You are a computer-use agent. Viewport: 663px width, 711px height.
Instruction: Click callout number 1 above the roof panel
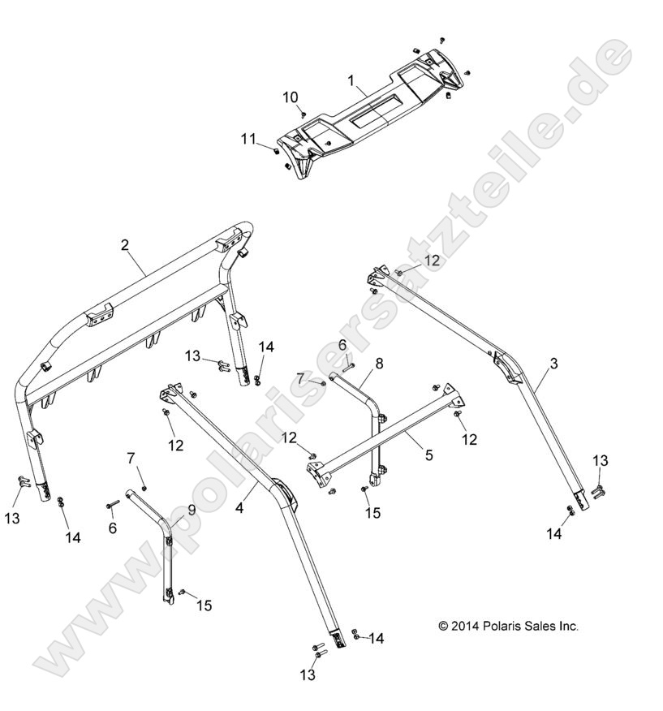[x=351, y=80]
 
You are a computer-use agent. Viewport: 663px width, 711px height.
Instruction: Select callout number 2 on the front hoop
[x=125, y=244]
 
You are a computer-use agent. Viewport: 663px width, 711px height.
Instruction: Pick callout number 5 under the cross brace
[x=428, y=455]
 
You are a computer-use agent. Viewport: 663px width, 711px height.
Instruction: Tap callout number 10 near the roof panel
[x=291, y=97]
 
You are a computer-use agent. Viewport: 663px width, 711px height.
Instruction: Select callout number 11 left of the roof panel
[x=248, y=139]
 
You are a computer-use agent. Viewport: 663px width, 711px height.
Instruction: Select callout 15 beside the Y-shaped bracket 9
[x=204, y=605]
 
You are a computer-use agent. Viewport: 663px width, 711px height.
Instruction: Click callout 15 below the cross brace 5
[x=372, y=513]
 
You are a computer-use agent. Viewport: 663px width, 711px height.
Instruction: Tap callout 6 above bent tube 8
[x=342, y=345]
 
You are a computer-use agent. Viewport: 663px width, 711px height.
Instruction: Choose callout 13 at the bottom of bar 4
[x=308, y=674]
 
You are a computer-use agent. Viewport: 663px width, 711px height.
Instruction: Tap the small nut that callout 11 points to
[x=273, y=149]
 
